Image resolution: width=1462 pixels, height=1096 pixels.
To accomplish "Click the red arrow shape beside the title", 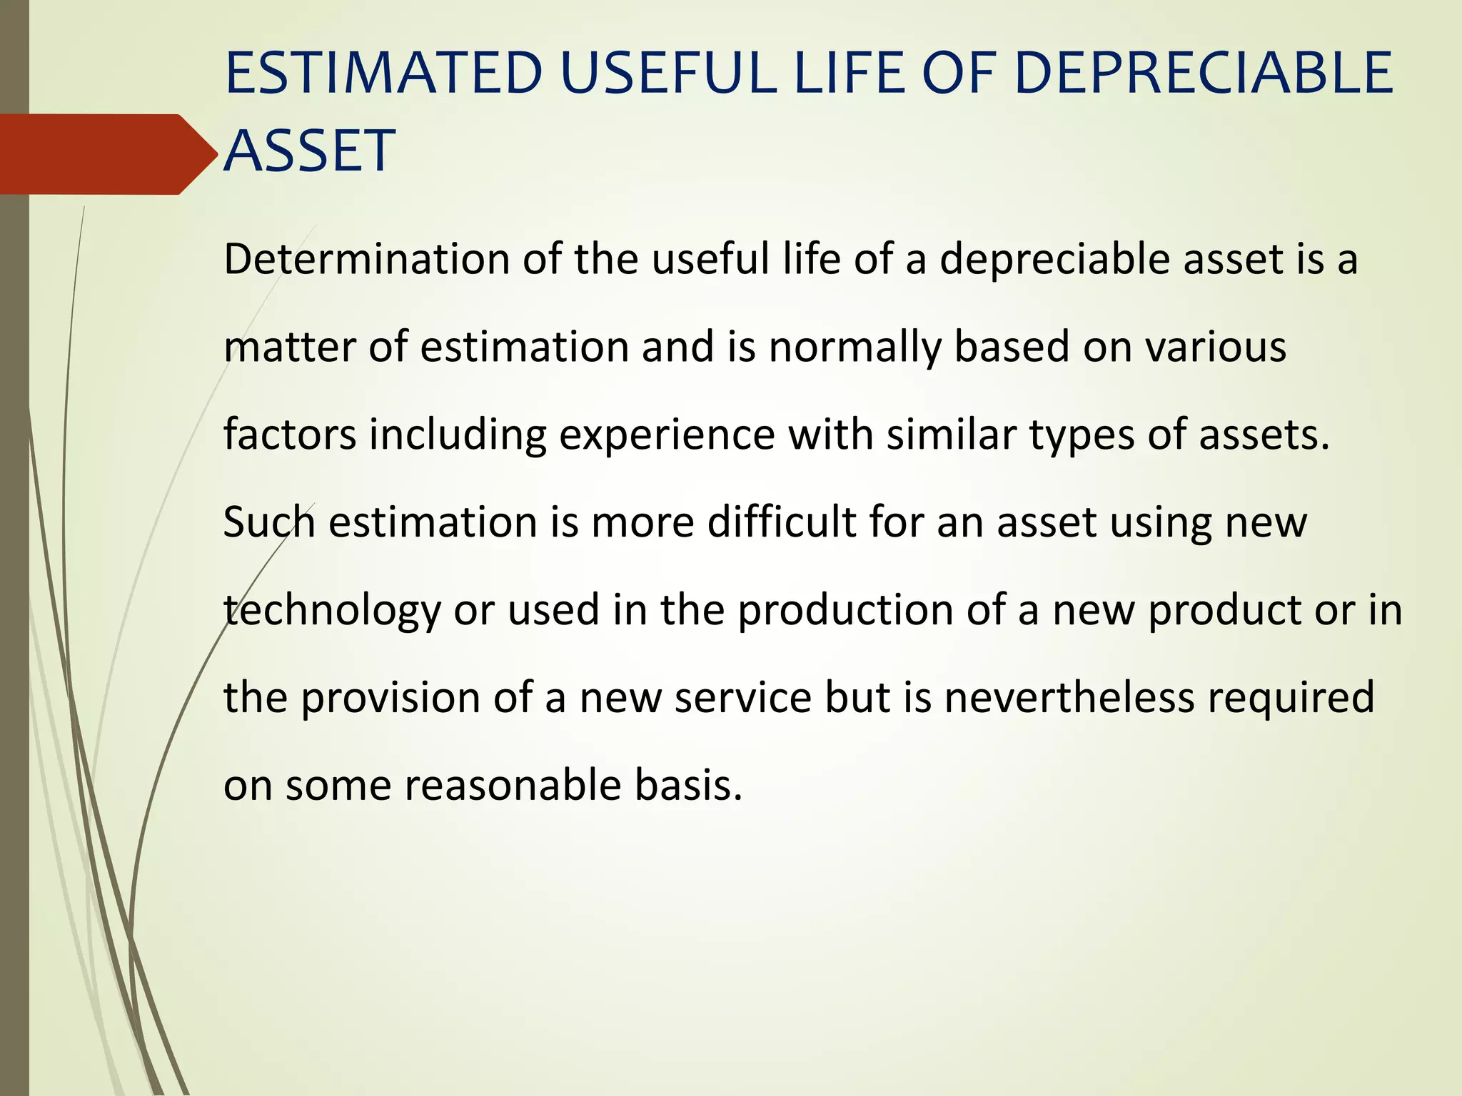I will pos(100,154).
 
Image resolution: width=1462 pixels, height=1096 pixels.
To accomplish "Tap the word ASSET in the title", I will pos(309,151).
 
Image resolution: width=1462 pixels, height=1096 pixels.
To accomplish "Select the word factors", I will pos(289,435).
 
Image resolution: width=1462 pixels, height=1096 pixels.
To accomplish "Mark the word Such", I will pos(269,522).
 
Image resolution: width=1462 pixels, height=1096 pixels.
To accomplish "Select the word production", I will pos(845,611).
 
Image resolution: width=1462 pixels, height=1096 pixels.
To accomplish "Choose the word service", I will pos(743,698).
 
